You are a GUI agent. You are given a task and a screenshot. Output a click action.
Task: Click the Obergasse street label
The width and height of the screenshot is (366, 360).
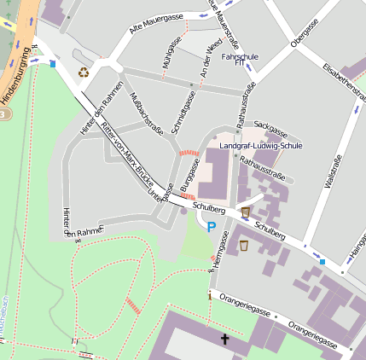pos(304,33)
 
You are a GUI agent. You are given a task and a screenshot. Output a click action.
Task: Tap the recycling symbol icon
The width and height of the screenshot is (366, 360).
pos(83,73)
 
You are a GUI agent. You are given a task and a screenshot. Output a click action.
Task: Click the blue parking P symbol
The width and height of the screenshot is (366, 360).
pos(211,227)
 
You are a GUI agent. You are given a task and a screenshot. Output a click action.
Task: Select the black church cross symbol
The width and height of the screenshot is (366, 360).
pos(225,340)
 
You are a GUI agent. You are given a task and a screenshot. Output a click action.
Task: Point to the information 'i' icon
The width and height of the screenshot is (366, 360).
pos(209,296)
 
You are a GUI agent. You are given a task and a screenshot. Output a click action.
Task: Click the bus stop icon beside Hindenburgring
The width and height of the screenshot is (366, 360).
pos(53,62)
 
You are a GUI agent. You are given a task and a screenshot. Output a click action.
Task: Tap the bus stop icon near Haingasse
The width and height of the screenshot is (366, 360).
pos(322,261)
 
